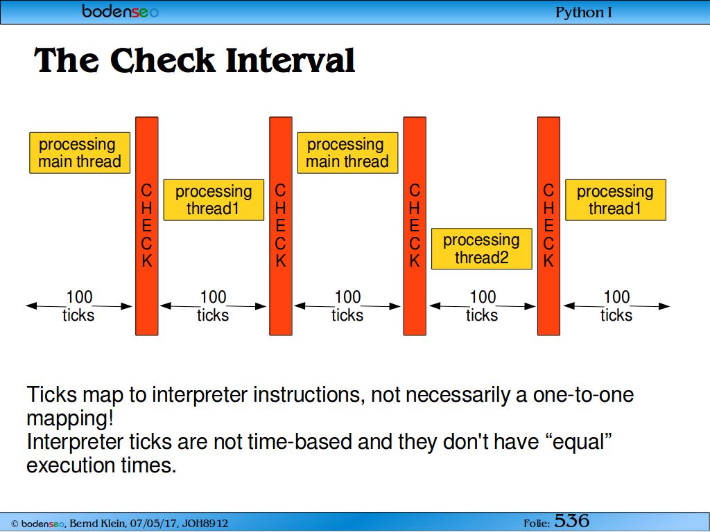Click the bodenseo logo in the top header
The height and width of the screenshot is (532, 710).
coord(120,11)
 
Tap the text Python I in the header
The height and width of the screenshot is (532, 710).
coord(583,12)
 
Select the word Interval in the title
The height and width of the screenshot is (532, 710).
coord(291,61)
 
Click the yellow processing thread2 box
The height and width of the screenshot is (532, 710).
coord(481,249)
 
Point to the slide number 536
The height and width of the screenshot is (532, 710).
coord(571,521)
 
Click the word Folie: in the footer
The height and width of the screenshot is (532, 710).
coord(537,524)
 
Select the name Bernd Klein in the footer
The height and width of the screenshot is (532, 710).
coord(97,524)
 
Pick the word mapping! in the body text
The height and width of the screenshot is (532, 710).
coord(70,418)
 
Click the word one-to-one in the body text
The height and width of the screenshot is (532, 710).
coord(583,395)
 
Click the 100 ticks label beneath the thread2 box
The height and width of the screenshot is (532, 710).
coord(483,305)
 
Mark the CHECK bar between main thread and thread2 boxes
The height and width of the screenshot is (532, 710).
coord(415,227)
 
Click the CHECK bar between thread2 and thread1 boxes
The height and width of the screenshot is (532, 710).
coord(549,227)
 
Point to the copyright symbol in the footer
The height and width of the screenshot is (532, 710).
coord(15,524)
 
